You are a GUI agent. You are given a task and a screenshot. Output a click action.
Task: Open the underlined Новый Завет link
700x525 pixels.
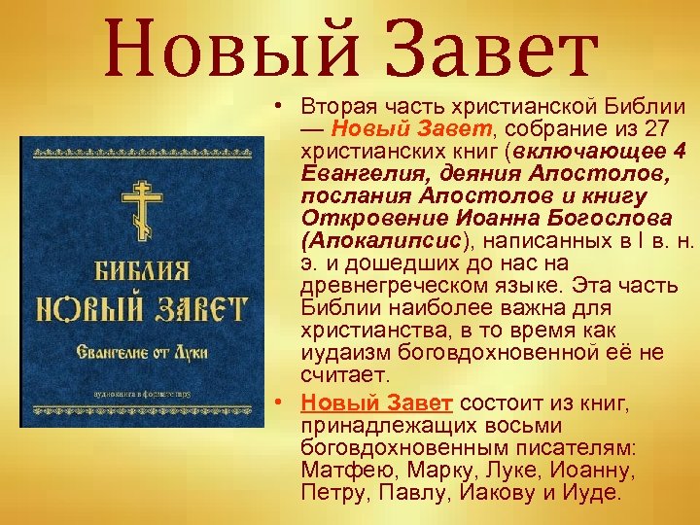click(x=376, y=402)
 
